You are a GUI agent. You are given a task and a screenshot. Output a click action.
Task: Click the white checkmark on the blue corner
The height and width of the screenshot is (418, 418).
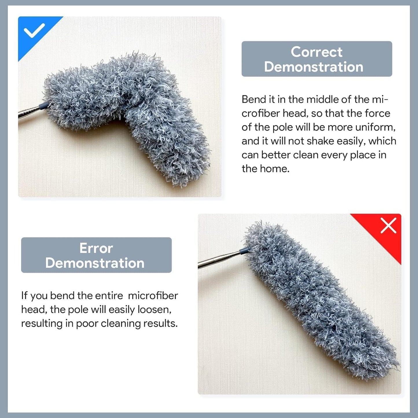[34, 30]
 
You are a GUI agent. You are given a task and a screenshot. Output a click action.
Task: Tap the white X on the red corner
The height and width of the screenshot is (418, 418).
[388, 226]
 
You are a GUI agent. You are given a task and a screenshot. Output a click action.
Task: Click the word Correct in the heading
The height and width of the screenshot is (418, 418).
[316, 52]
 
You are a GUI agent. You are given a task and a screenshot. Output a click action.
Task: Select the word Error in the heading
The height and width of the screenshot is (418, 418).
[96, 248]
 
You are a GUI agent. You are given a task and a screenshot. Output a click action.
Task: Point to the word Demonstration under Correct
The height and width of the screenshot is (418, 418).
[314, 67]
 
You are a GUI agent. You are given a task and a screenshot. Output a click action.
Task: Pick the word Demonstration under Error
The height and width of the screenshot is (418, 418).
[95, 263]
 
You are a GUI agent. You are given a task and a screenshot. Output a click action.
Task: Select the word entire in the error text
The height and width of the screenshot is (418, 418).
[109, 296]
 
